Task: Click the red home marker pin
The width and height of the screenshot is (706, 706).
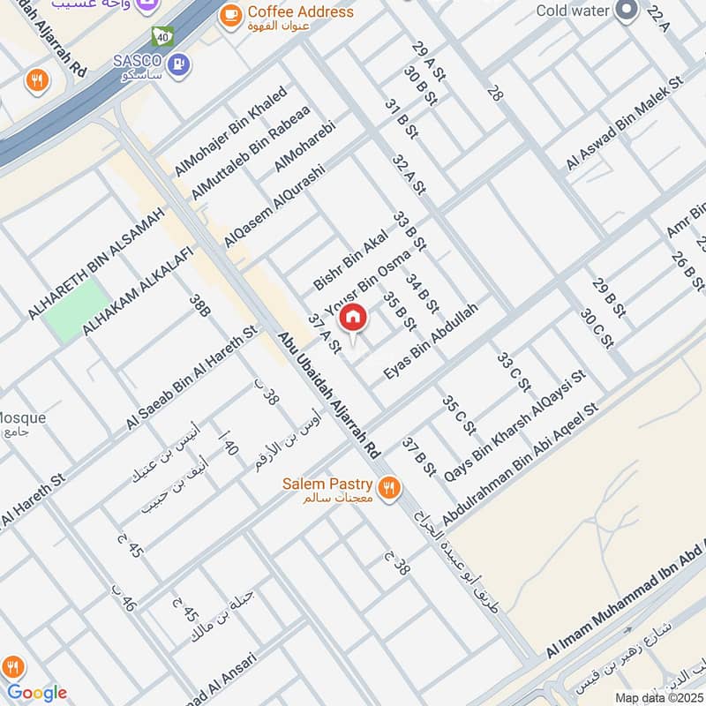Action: (x=353, y=317)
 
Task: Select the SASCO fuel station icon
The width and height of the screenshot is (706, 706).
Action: (x=179, y=64)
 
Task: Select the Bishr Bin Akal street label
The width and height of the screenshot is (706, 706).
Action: (x=351, y=258)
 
